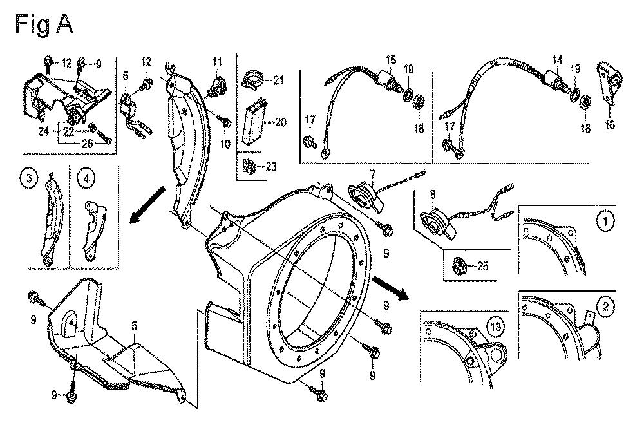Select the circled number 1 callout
tap(605, 221)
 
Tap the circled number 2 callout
tap(605, 308)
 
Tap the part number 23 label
tap(271, 166)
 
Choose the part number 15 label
tap(390, 59)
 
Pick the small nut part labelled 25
tap(462, 263)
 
